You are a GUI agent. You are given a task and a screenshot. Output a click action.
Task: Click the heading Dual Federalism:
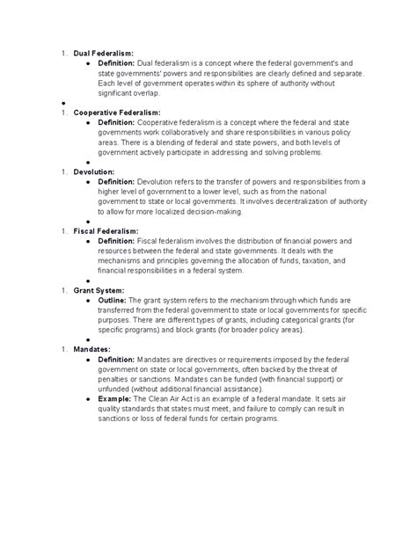tap(104, 55)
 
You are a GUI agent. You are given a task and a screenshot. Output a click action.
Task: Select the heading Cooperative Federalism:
tap(117, 113)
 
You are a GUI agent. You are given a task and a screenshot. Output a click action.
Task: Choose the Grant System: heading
tap(99, 288)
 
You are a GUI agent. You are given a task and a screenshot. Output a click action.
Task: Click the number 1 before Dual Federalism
tap(63, 55)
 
